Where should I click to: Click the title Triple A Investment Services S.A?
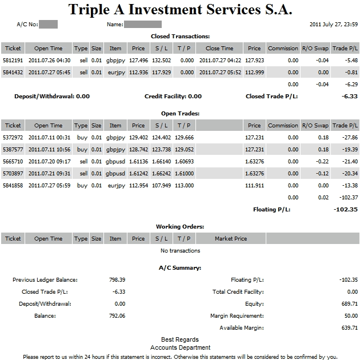[x=180, y=10]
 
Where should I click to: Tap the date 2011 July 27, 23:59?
[x=333, y=25]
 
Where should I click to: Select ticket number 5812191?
[x=13, y=60]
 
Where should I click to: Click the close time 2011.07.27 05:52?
[x=219, y=72]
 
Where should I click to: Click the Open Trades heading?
[x=180, y=113]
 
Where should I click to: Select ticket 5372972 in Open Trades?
[x=13, y=137]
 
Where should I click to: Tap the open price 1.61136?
[x=138, y=161]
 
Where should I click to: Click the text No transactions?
[x=180, y=250]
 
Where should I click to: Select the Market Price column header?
[x=231, y=239]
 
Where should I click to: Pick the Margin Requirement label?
[x=237, y=316]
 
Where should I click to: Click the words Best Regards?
[x=180, y=339]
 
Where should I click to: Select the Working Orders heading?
[x=180, y=227]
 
